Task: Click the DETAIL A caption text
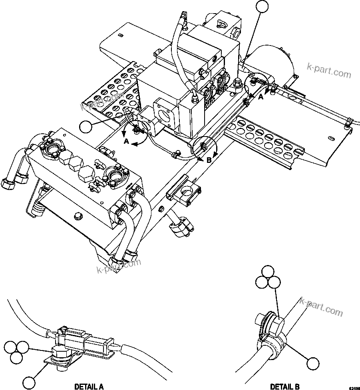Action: coord(89,386)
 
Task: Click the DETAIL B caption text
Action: coord(284,386)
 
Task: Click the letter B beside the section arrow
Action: coord(209,160)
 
